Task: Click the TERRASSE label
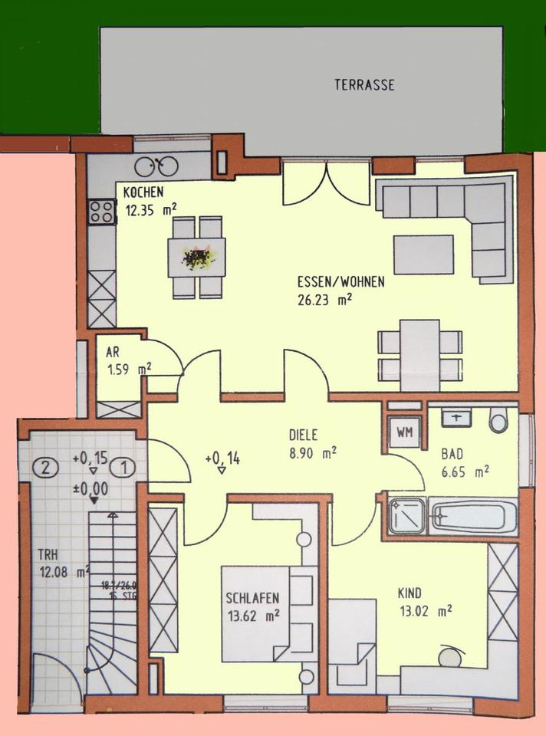click(x=364, y=85)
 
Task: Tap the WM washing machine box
click(x=404, y=433)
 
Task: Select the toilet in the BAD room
click(x=498, y=422)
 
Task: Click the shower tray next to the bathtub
click(x=406, y=516)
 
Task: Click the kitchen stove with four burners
click(x=101, y=211)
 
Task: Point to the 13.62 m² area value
click(x=252, y=615)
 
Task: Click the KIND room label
click(x=409, y=593)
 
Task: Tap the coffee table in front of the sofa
click(x=423, y=255)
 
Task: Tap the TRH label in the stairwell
click(x=51, y=554)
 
